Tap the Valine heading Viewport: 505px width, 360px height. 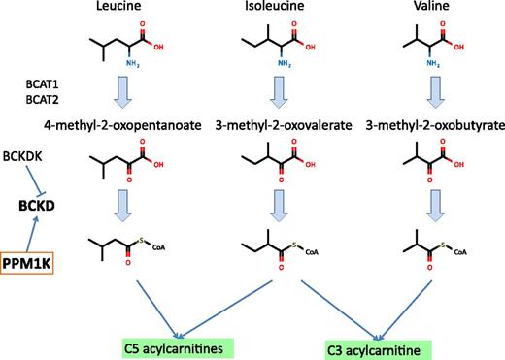[x=428, y=10]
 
